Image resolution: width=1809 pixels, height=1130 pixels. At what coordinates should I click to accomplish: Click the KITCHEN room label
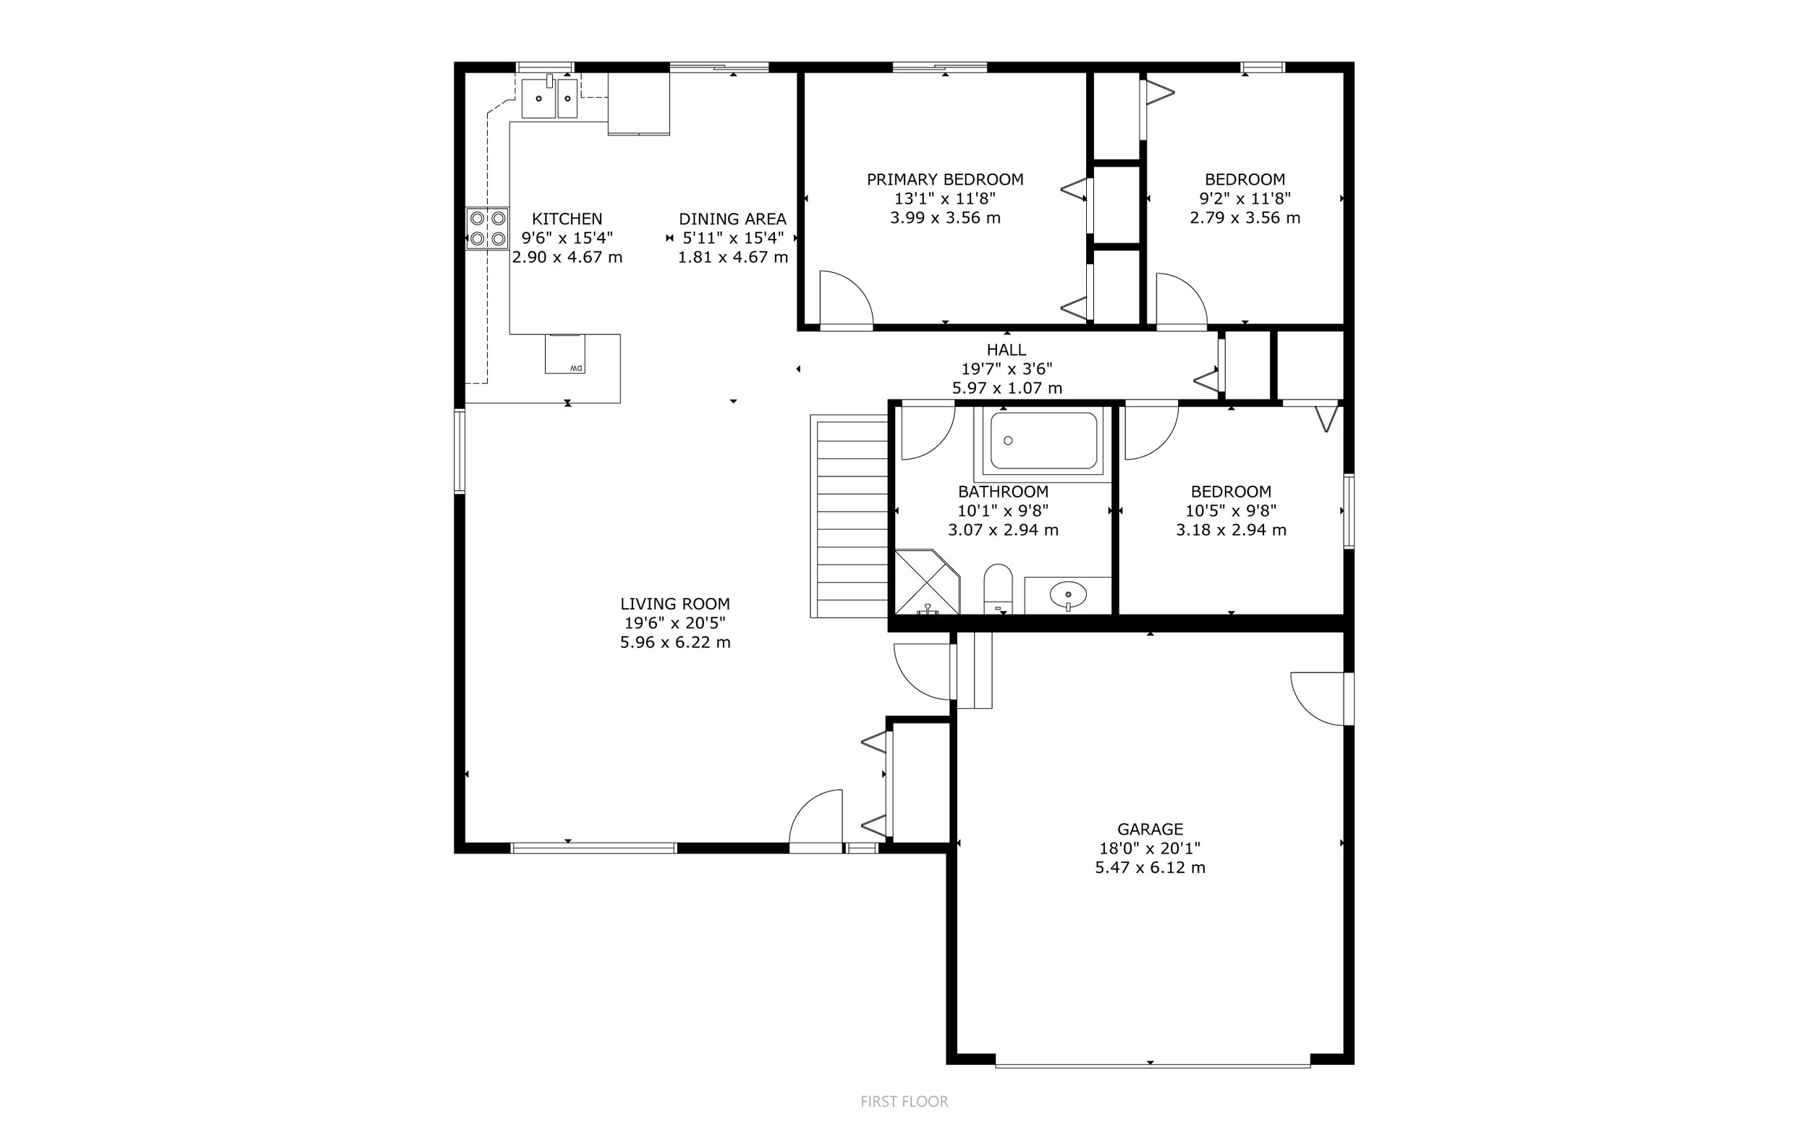tap(567, 219)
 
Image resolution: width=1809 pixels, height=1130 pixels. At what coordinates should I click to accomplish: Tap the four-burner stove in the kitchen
tap(488, 228)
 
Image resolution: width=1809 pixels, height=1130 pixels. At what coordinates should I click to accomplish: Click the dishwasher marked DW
tap(564, 354)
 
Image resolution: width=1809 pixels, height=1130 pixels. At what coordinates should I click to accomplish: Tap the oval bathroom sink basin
tap(1068, 596)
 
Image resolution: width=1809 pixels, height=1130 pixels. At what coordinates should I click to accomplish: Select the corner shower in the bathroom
tap(927, 582)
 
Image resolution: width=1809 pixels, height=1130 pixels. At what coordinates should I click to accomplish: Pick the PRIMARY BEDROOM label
tap(945, 180)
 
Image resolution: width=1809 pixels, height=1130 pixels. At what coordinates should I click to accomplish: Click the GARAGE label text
tap(1151, 829)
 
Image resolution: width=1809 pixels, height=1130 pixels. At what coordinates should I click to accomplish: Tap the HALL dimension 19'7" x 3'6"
tap(1007, 368)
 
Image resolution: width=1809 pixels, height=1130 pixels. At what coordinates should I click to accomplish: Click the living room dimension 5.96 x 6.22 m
tap(675, 642)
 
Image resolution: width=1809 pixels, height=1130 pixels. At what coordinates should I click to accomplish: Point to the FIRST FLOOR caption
tap(904, 1101)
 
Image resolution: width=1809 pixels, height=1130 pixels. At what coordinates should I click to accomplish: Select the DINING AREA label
tap(733, 219)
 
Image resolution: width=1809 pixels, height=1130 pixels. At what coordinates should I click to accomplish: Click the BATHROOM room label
tap(1003, 492)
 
